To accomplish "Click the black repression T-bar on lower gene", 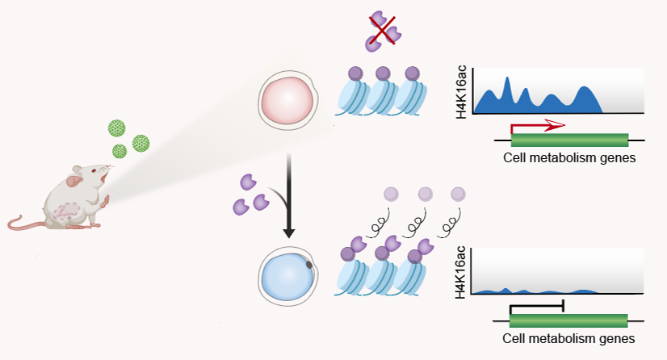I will click(536, 306).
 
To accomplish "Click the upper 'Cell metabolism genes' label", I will click(569, 157).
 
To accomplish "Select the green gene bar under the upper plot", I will click(569, 139).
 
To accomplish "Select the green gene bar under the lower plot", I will click(569, 319).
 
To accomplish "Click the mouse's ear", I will click(77, 172).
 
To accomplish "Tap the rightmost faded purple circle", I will click(458, 194).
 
